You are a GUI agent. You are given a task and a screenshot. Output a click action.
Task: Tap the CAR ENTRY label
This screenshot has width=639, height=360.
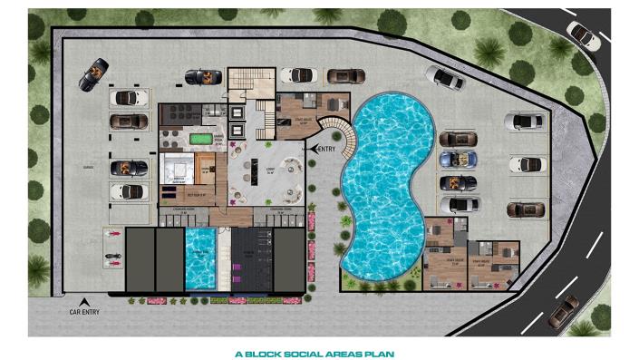[x=84, y=312]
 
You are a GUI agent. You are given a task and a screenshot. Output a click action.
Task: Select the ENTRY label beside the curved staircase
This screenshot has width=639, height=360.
[x=325, y=148]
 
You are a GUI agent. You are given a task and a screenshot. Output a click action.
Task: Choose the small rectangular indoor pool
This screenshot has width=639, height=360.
[x=199, y=258]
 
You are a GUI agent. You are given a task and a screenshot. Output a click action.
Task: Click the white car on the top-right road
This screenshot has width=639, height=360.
[x=582, y=34]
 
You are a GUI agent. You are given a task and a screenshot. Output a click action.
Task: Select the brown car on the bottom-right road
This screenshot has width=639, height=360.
[x=562, y=310]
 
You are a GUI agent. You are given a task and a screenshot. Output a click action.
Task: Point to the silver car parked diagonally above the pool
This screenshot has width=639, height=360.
[x=445, y=78]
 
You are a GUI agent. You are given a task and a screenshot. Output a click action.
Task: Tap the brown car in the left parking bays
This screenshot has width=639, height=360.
[x=129, y=120]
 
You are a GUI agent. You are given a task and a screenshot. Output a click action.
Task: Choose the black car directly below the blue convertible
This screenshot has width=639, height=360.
[x=458, y=182]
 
